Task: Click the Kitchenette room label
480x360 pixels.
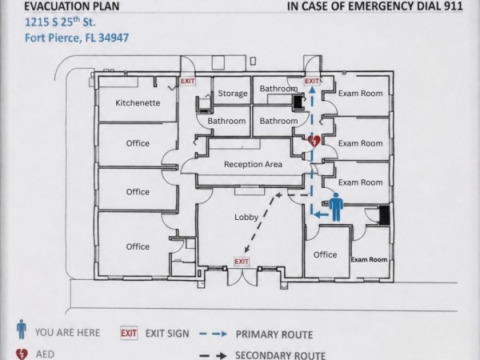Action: pos(138,102)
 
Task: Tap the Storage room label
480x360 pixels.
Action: pos(233,94)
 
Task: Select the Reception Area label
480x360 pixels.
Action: pos(253,164)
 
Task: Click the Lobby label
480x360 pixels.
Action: pos(246,218)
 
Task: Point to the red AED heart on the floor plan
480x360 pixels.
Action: pos(314,142)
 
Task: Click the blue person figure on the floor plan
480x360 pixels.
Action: pos(336,207)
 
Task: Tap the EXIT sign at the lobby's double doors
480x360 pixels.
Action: pos(242,262)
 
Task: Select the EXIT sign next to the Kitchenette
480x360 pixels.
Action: pos(187,81)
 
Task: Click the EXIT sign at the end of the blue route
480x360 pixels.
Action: pos(312,81)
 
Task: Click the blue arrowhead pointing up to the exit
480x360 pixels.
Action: pos(312,90)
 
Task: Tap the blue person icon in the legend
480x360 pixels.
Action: pos(21,329)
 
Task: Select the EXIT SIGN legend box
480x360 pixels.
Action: pos(129,333)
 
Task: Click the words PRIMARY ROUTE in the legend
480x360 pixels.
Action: pos(274,334)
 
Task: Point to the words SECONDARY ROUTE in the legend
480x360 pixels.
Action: pos(281,355)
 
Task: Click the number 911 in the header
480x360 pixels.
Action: pos(452,6)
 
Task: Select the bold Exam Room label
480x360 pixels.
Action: pos(369,259)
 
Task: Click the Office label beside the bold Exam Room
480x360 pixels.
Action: pos(325,254)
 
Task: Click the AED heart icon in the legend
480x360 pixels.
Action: pos(22,354)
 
